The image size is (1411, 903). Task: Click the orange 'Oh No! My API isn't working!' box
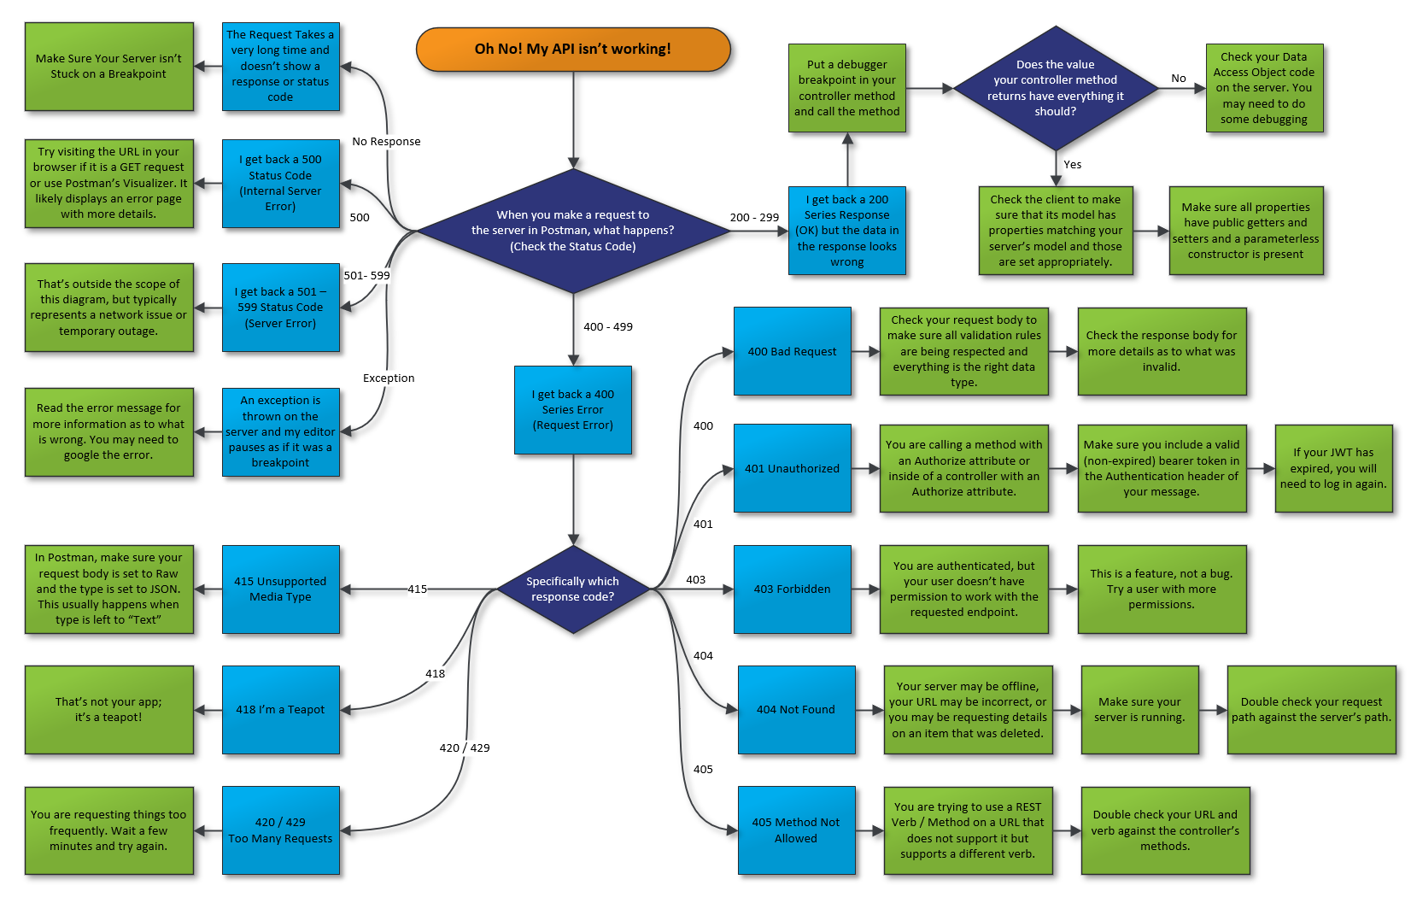[573, 50]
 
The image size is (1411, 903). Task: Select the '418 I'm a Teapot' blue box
[281, 710]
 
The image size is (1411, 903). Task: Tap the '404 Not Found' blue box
[796, 710]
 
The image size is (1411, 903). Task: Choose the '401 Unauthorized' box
[793, 469]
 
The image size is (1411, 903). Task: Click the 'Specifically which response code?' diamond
[573, 589]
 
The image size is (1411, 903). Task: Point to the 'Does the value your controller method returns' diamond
[1056, 88]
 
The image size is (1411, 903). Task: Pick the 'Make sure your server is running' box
[1140, 710]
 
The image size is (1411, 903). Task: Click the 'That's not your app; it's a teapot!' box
[109, 710]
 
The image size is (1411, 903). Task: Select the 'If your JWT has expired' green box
[1333, 469]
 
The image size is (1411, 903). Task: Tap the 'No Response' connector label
[386, 142]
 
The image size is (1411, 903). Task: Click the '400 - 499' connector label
[608, 327]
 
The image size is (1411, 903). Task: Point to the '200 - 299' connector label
[754, 218]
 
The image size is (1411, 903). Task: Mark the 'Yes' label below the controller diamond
[1073, 165]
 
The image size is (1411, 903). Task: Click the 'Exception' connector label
[389, 378]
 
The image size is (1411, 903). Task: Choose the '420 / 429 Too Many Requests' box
[281, 830]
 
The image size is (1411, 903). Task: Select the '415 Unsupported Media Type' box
[281, 589]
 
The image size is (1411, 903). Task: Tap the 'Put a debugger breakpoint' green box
[847, 88]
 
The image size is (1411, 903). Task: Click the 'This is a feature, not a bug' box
[1162, 589]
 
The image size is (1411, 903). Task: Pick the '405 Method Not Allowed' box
[796, 830]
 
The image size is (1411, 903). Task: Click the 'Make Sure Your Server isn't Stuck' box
[109, 67]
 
